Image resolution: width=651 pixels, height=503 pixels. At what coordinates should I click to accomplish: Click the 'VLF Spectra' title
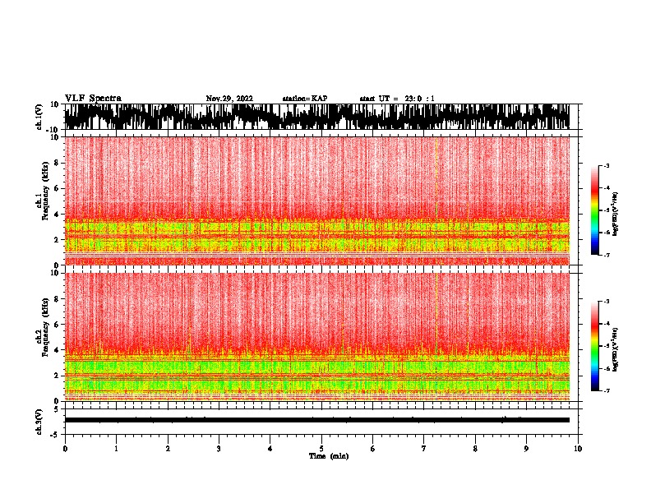[x=93, y=99]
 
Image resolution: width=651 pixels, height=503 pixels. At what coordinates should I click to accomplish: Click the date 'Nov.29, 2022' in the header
[x=229, y=99]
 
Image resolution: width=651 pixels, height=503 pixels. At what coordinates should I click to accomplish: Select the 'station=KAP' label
[x=305, y=99]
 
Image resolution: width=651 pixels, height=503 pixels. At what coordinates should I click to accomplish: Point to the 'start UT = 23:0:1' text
[x=397, y=99]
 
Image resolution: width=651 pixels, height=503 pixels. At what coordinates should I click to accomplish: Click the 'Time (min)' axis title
[x=328, y=455]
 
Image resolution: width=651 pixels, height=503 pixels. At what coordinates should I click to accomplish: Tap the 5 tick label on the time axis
[x=321, y=448]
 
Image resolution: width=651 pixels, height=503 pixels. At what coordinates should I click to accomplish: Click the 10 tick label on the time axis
[x=579, y=448]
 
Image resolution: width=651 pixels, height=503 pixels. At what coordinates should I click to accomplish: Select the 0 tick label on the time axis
[x=65, y=448]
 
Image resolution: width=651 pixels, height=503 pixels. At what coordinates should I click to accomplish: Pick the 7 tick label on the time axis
[x=424, y=448]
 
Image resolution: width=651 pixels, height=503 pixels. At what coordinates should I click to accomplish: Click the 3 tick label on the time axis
[x=219, y=448]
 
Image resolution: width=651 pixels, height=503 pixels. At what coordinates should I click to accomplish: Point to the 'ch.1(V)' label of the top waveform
[x=40, y=117]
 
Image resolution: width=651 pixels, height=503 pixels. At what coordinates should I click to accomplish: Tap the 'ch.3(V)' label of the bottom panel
[x=40, y=420]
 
